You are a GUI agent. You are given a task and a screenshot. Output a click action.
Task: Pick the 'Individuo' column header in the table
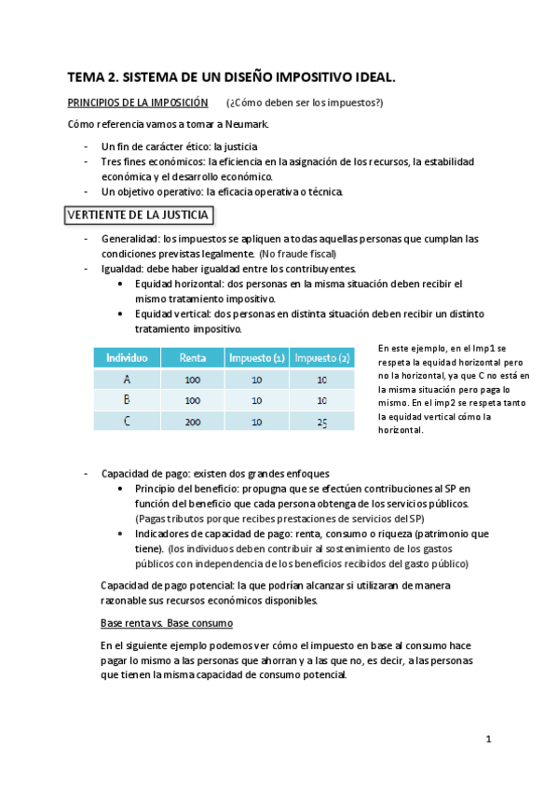click(127, 357)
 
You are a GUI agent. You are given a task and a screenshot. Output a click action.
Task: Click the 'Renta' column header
click(193, 357)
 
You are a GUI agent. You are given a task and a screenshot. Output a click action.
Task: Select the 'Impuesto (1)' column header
click(257, 357)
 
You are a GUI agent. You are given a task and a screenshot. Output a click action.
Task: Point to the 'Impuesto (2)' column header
click(321, 357)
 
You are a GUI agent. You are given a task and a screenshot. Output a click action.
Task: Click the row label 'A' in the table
click(127, 380)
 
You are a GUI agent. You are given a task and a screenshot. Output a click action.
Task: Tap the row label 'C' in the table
click(127, 421)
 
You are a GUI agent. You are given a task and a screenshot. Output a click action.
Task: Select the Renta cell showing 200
click(193, 421)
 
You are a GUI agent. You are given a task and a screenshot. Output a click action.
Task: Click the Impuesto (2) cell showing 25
click(321, 421)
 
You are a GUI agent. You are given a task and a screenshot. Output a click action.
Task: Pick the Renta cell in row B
click(193, 400)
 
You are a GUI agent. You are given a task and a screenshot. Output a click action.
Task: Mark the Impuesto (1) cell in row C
click(257, 421)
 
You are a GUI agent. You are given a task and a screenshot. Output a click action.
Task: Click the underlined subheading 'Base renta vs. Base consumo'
click(166, 622)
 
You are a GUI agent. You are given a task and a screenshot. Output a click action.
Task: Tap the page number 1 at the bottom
click(487, 740)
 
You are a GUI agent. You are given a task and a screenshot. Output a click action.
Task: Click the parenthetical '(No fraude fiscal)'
click(297, 254)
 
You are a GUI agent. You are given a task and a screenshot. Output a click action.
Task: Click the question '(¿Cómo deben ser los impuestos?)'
click(304, 102)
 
